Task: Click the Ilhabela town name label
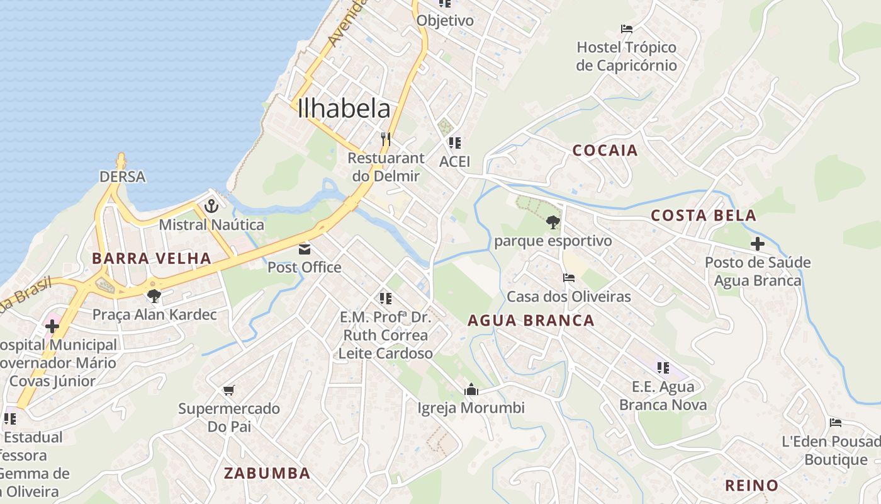tap(344, 108)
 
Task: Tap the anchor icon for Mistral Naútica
tap(211, 206)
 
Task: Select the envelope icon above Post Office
tap(305, 249)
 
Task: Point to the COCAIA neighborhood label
tap(605, 151)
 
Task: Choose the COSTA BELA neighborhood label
tap(703, 215)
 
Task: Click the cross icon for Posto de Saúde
tap(758, 244)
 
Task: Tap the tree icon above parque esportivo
tap(553, 222)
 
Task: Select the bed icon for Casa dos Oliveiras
tap(569, 278)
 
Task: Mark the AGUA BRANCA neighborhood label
tap(530, 321)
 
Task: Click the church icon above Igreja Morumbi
tap(471, 390)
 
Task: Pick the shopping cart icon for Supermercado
tap(229, 391)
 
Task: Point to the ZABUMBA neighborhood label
tap(267, 473)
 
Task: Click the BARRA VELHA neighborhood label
tap(151, 258)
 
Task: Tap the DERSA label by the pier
tap(123, 177)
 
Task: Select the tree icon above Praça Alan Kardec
tap(154, 295)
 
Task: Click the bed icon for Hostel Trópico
tap(627, 29)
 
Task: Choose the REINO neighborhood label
tap(751, 486)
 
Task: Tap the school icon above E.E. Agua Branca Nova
tap(663, 368)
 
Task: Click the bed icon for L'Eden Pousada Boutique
tap(836, 423)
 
